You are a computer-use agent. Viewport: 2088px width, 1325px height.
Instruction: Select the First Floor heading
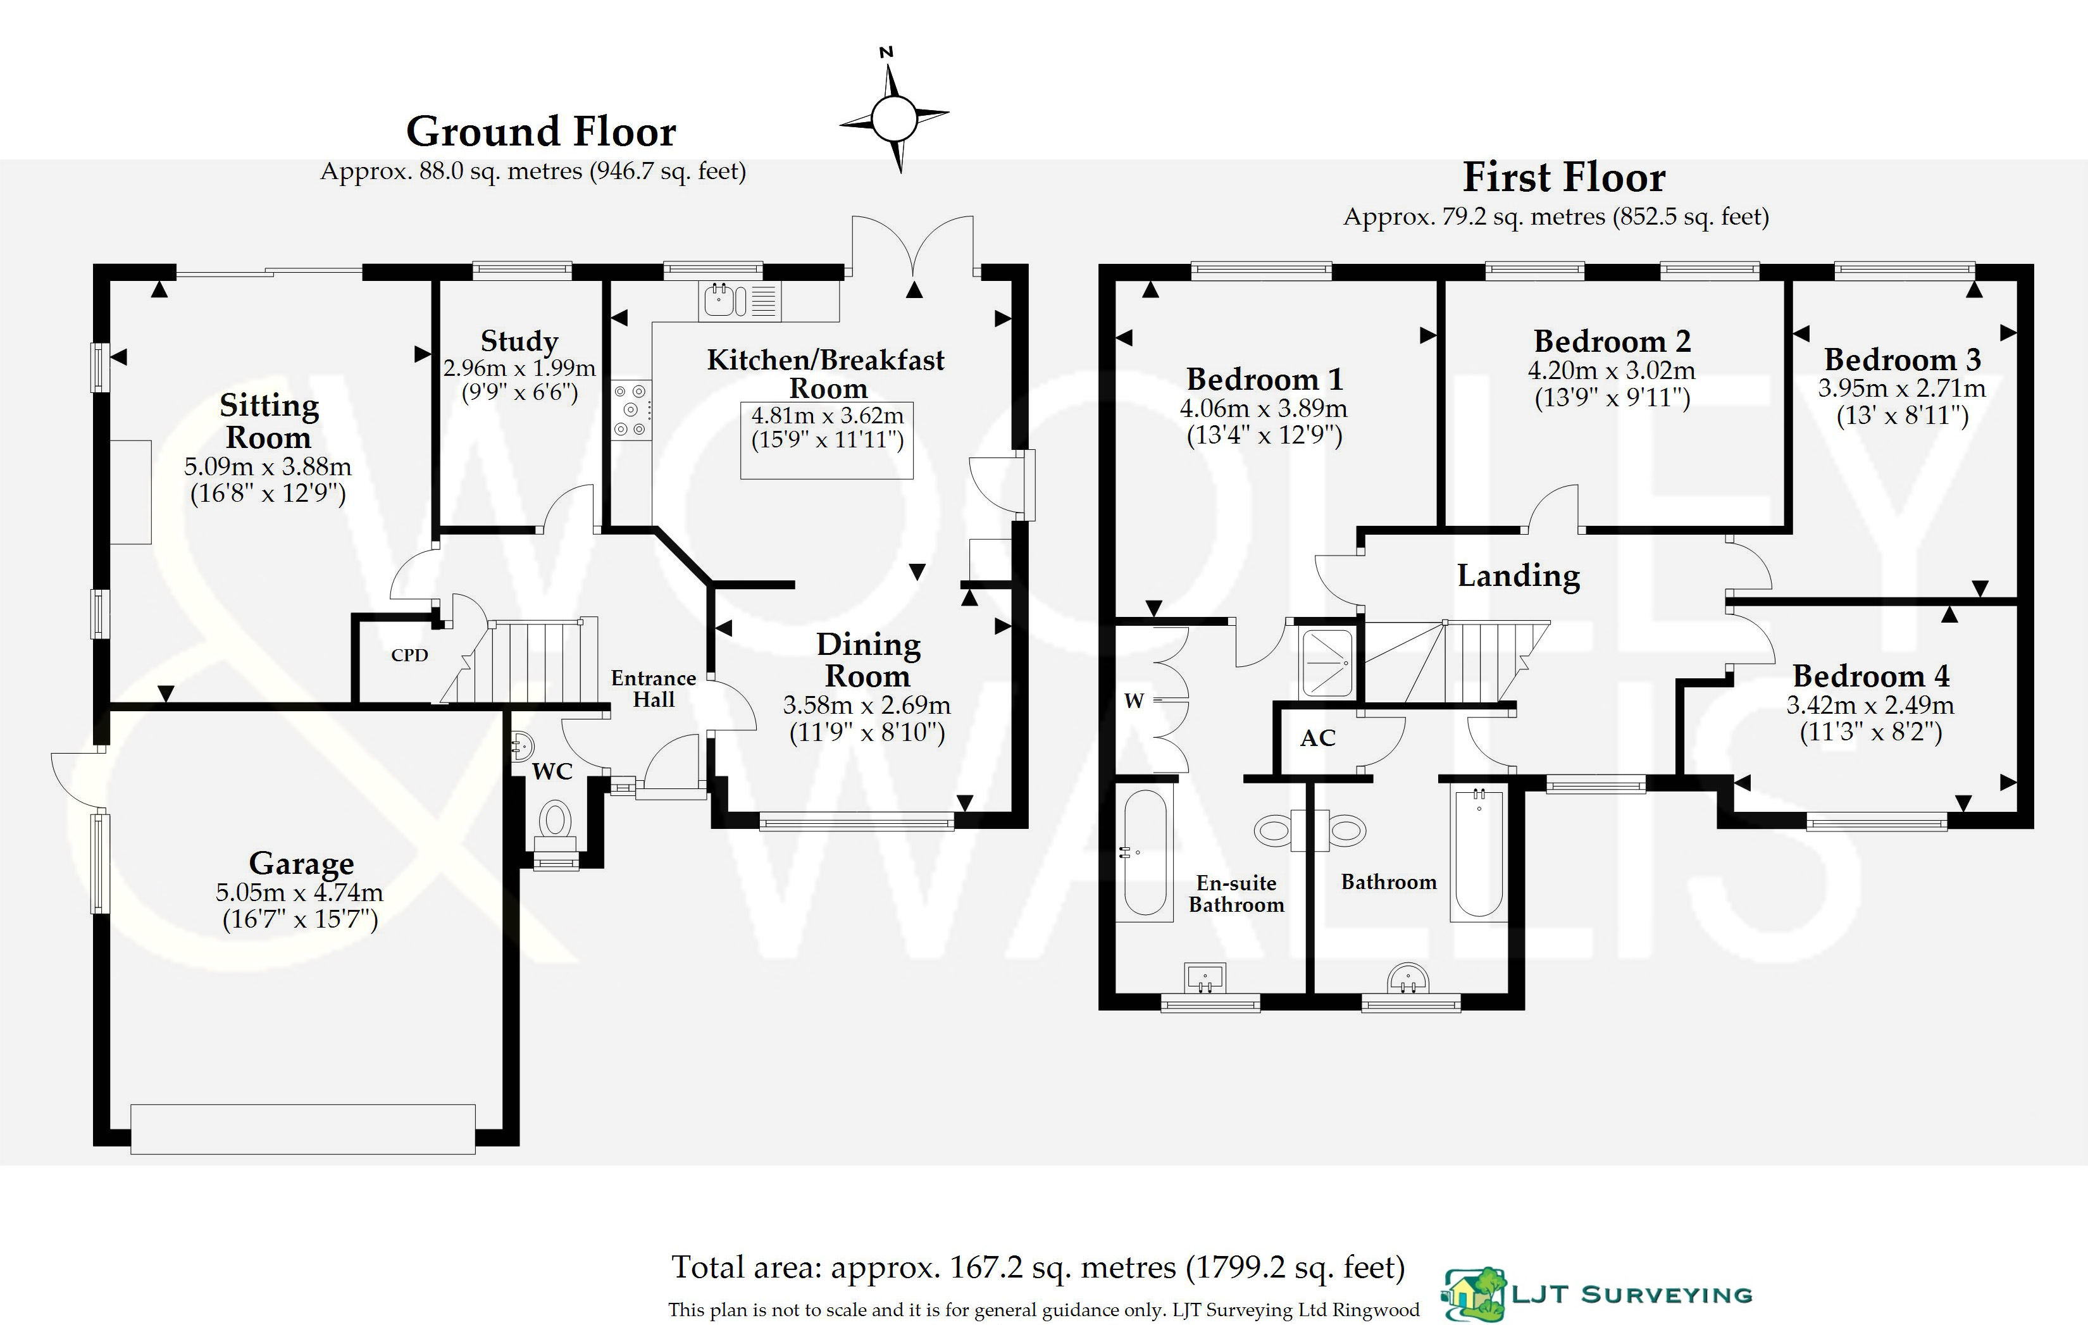1563,178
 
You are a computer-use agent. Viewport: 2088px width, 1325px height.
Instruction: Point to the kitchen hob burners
630,409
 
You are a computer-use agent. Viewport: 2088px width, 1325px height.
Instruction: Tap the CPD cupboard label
409,656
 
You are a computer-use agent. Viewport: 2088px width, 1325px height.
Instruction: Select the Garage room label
301,864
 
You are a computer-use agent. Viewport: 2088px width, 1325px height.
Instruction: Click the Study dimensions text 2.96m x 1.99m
519,368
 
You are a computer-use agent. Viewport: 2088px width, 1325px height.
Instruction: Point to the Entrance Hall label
653,688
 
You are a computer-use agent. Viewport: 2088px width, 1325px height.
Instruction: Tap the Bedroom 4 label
1870,676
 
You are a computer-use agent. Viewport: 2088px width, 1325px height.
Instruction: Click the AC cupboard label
1317,738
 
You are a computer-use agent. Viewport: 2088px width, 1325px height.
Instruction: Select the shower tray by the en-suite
1327,662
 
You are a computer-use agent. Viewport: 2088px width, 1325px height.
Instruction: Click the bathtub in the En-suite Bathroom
1145,853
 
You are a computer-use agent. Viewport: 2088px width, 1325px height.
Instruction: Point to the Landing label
1519,576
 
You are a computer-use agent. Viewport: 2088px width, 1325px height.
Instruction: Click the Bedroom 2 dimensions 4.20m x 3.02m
1611,370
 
